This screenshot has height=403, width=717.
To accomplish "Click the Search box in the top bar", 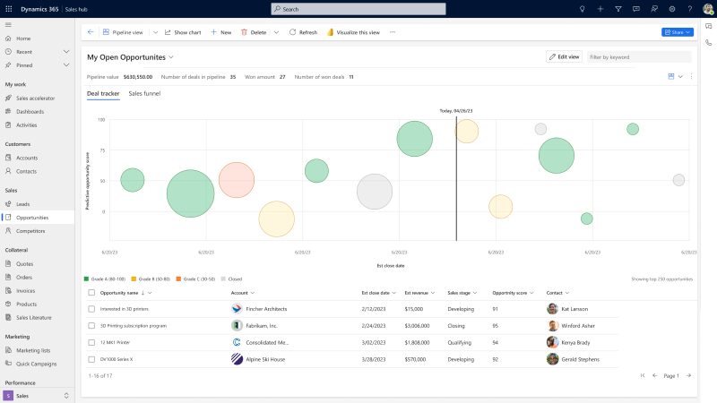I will click(358, 9).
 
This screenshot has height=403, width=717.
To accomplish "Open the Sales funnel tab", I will click(144, 93).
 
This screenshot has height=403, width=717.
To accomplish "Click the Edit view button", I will click(564, 56).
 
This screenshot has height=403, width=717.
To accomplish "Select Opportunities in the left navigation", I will click(32, 218).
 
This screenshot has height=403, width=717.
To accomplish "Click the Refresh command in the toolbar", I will click(303, 32).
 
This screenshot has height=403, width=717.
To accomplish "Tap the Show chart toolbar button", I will click(183, 32).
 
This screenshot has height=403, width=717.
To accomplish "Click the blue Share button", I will click(677, 32).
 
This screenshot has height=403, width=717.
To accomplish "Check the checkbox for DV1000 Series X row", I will click(91, 359).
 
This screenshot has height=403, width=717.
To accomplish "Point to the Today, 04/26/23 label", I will click(456, 111).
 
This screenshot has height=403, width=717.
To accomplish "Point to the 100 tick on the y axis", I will click(102, 119).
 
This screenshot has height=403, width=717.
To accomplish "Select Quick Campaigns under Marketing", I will click(37, 364).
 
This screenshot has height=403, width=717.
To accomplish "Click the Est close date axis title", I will click(390, 266).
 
